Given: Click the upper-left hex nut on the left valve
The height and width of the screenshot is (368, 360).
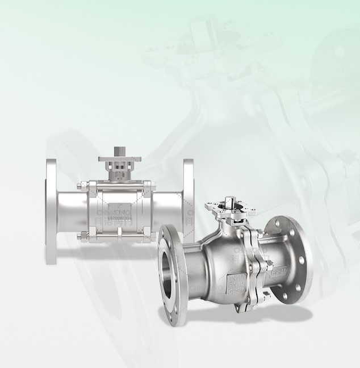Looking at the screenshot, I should point(85,185).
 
